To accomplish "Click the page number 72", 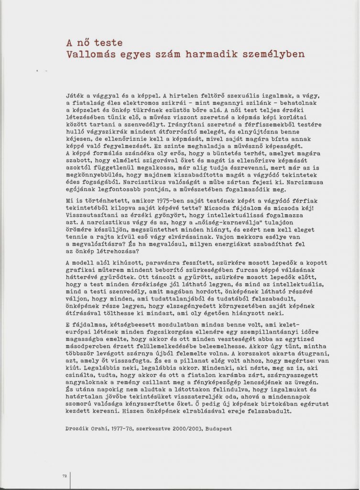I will [64, 476].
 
